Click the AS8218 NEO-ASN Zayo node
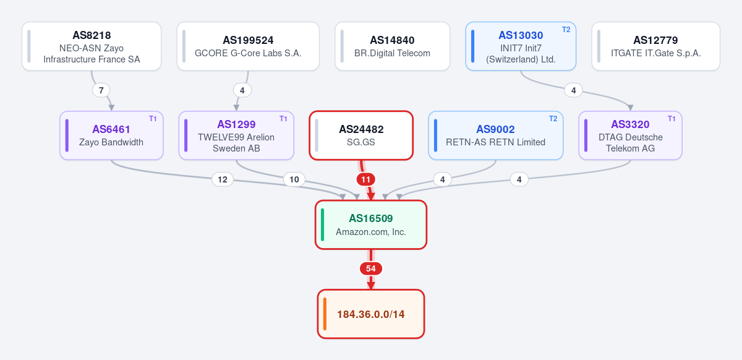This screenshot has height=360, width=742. click(92, 46)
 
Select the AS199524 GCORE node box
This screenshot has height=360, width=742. click(248, 46)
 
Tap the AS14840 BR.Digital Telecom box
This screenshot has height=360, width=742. click(392, 46)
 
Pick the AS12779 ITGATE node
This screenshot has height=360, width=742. click(656, 46)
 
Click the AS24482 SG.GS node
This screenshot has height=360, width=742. click(361, 135)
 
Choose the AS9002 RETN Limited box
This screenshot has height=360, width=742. click(495, 135)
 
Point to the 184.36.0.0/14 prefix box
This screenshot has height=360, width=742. click(371, 314)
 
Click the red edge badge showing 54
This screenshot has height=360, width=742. click(371, 268)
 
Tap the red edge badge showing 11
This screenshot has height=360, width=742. click(365, 179)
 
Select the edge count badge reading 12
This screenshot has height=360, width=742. click(223, 179)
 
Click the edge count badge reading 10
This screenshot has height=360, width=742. click(294, 179)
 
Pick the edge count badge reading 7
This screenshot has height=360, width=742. click(101, 90)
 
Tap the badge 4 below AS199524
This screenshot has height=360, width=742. click(242, 90)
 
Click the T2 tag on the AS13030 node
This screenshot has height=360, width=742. click(566, 30)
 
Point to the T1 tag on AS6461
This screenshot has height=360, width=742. click(153, 119)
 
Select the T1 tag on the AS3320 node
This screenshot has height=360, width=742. click(672, 119)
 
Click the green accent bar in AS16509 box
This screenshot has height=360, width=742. click(323, 225)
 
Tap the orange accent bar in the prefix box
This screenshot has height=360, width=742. click(325, 314)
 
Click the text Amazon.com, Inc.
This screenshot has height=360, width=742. click(371, 232)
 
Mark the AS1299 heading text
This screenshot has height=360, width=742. click(236, 124)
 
